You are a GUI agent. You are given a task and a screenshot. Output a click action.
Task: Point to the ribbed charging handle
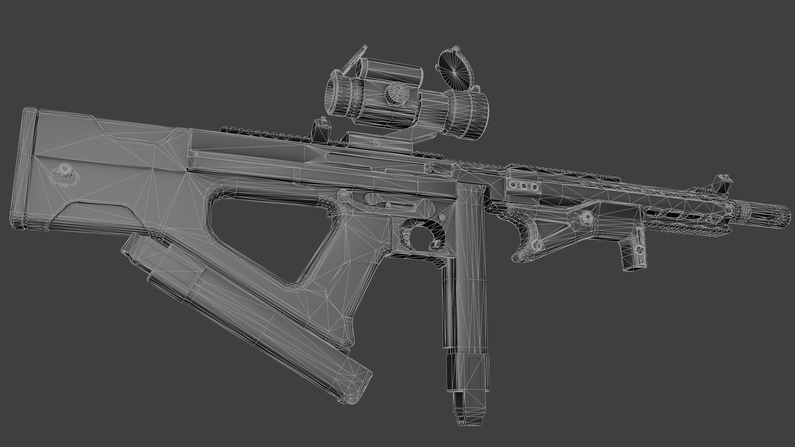click(x=438, y=167)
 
